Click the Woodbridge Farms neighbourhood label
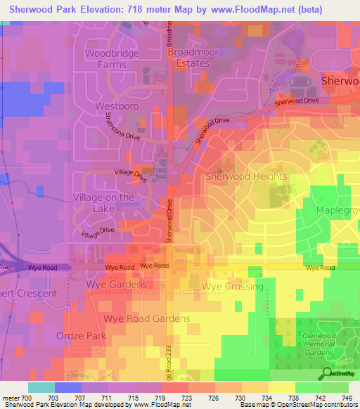112,59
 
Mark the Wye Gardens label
117,285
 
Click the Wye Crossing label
232,287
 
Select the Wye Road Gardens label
147,318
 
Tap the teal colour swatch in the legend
41,387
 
